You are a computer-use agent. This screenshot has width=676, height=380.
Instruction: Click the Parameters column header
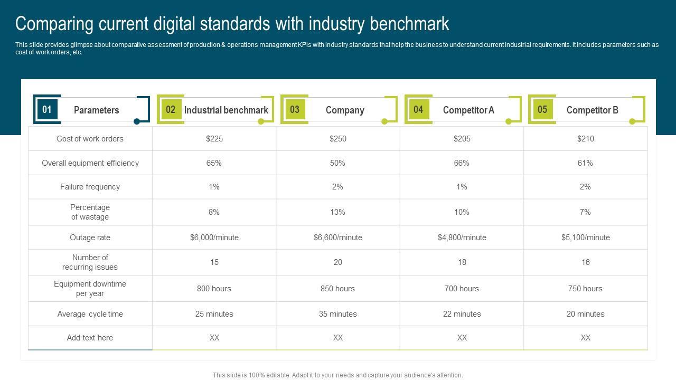(x=96, y=110)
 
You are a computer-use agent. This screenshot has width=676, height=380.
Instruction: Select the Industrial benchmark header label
(x=226, y=110)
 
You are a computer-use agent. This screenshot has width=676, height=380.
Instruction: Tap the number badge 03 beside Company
(x=295, y=109)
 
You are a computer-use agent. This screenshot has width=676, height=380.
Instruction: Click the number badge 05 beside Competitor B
(x=542, y=109)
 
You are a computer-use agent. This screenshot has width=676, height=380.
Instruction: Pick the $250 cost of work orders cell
(x=338, y=139)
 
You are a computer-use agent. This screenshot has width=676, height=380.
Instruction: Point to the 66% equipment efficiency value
(x=462, y=163)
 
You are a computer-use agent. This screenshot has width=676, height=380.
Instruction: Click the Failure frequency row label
(x=90, y=187)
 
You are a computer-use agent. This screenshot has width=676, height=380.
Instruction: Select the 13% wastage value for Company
(x=338, y=212)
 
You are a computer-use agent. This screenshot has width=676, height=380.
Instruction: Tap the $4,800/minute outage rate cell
(x=462, y=237)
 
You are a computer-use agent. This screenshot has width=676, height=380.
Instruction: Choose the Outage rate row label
(x=90, y=237)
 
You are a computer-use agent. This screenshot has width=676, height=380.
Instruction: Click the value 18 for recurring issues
(x=462, y=262)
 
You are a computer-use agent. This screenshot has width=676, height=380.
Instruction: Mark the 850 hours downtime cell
(x=338, y=289)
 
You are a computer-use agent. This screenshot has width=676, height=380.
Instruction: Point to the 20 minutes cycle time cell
(x=585, y=314)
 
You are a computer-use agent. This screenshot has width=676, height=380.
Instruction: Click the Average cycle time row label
(x=90, y=314)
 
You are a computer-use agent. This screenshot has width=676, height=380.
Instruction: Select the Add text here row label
(x=90, y=338)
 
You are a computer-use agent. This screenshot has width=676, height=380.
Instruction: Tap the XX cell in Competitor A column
(x=462, y=338)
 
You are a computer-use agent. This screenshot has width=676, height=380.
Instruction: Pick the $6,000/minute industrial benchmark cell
(x=214, y=237)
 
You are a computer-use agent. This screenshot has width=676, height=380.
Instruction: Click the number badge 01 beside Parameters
(x=47, y=109)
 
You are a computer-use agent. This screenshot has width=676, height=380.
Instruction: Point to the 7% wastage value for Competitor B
(x=585, y=212)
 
